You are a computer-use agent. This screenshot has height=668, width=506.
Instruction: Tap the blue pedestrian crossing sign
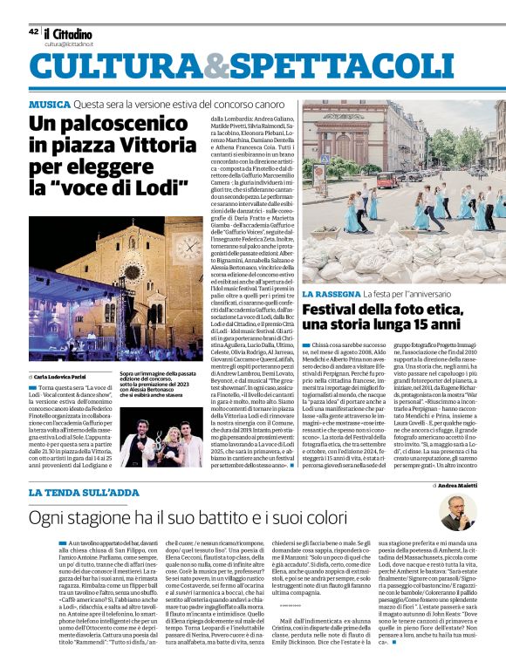[x=325, y=160]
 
